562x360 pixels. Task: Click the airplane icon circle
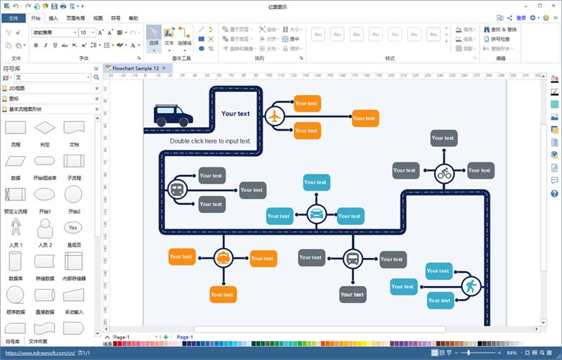pos(275,116)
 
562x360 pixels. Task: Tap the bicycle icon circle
pos(443,172)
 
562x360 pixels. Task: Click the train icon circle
pos(177,190)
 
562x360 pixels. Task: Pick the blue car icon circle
pos(316,213)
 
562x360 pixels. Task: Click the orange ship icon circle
pos(223,258)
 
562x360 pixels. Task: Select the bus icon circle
pos(352,259)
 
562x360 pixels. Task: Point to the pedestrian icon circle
pos(470,285)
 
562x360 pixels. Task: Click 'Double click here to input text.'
pos(210,141)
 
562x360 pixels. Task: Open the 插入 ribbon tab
pos(53,18)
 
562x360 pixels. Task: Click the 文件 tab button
pos(13,18)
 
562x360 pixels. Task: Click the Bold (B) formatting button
pos(36,45)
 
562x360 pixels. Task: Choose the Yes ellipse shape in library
pos(73,228)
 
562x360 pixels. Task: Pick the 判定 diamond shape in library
pos(45,127)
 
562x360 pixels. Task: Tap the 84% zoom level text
pos(511,352)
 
